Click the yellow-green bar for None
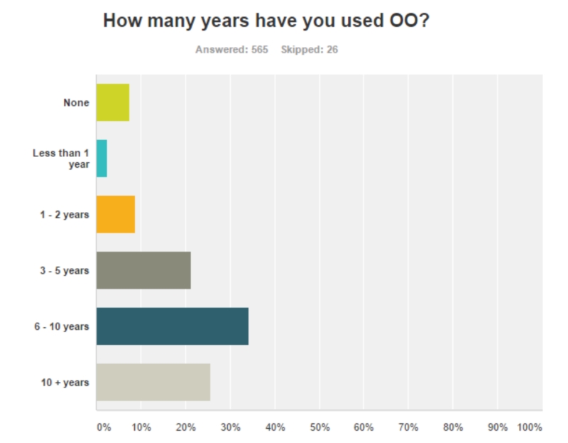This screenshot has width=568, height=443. tap(113, 102)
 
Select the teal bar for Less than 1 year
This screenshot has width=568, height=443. tap(102, 158)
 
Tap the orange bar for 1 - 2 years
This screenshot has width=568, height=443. tap(116, 214)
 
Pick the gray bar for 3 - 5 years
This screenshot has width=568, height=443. tap(143, 270)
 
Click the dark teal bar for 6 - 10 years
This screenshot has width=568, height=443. tap(173, 326)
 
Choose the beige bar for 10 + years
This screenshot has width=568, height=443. tap(153, 383)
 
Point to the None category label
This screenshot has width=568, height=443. tap(76, 102)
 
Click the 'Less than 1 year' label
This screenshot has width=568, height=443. tap(61, 158)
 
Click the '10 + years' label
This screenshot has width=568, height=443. tap(66, 383)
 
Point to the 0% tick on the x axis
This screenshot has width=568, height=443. tap(103, 427)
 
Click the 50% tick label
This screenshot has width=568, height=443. tap(319, 427)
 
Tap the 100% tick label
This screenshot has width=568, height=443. tap(530, 427)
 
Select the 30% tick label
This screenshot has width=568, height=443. tap(230, 427)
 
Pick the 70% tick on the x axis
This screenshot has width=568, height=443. tap(408, 427)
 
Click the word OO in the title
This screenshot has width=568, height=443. tap(405, 21)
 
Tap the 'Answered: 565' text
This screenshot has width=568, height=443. tap(231, 51)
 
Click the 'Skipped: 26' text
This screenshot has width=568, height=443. tap(310, 51)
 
